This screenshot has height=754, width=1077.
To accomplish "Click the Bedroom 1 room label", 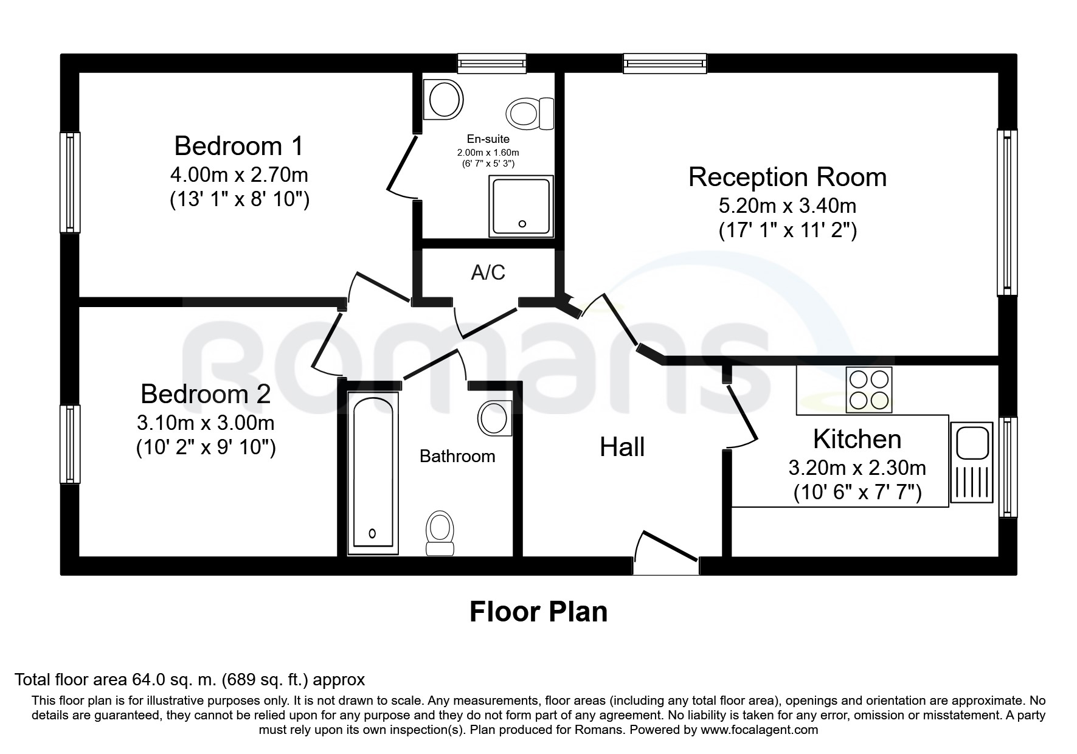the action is [238, 146].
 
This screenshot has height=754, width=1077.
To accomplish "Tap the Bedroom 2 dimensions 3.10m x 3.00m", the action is [206, 423].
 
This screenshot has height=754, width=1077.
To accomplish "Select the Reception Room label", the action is [788, 177].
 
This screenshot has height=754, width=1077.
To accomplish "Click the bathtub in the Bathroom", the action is [373, 473].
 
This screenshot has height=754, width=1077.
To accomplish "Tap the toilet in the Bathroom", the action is [440, 534].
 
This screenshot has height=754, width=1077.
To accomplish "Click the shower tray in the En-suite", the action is [522, 206].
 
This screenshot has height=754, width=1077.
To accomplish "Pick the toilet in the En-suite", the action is [530, 113].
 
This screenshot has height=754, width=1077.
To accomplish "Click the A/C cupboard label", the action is [488, 272].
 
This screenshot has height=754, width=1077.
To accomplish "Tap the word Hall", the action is [622, 448].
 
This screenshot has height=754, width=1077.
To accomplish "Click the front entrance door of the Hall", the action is [665, 552].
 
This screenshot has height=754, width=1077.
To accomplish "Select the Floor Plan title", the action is [538, 612].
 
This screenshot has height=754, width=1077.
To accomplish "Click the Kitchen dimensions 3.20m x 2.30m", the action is [857, 468].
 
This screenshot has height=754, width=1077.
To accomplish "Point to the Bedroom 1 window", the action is [70, 182].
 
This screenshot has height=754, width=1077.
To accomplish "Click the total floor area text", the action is [190, 679].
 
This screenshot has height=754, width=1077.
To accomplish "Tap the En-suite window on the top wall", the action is [491, 63].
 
